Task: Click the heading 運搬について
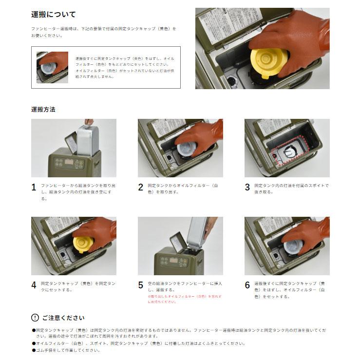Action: pos(53,15)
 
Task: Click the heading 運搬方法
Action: pos(43,109)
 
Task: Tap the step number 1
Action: pos(34,187)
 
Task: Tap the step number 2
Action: pos(140,187)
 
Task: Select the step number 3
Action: pos(247,187)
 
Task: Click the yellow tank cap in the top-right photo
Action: pos(268,61)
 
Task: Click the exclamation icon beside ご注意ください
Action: pos(35,318)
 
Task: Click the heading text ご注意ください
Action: pos(63,318)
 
